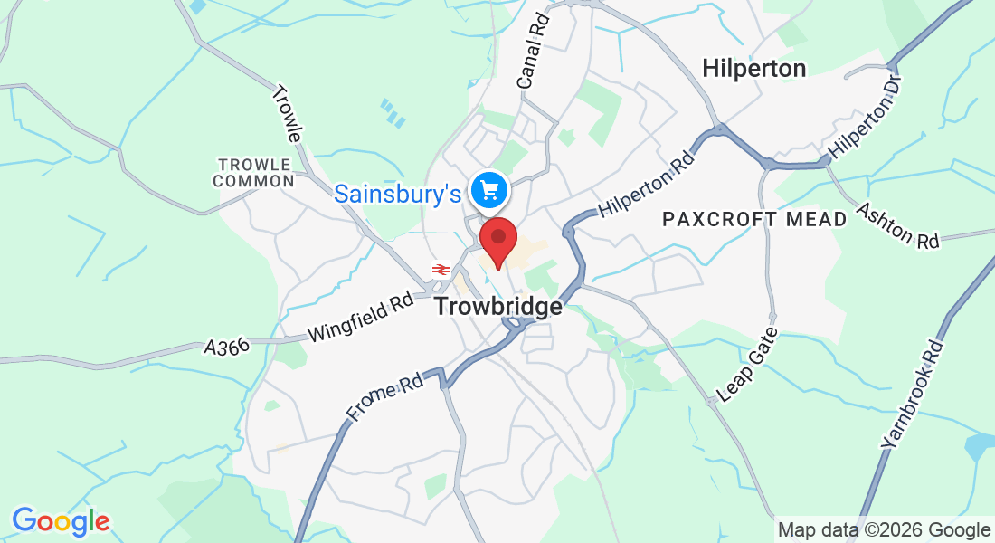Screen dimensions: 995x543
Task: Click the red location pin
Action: [x=497, y=241]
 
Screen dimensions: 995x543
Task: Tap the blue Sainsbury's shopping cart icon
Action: [x=490, y=190]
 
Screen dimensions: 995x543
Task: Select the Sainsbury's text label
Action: [x=399, y=193]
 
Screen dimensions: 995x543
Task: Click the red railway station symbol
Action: [x=441, y=270]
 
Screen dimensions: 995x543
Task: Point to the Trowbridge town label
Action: [x=497, y=307]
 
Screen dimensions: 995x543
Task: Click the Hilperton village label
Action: [x=753, y=68]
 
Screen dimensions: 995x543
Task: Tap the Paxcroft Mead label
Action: [x=754, y=219]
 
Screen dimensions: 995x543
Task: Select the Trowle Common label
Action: [x=254, y=172]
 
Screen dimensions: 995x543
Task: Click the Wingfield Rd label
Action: [x=360, y=316]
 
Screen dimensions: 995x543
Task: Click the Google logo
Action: [x=61, y=522]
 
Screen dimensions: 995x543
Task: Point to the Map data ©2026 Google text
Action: [x=884, y=530]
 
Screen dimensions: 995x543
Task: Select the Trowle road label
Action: [x=287, y=113]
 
